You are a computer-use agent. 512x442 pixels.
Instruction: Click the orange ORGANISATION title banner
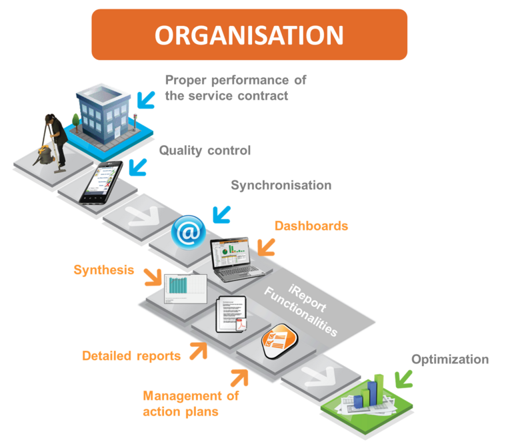(249, 35)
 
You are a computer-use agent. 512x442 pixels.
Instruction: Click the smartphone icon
(101, 182)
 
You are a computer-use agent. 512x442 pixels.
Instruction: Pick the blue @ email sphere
(188, 232)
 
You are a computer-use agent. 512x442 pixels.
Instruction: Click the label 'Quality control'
(205, 150)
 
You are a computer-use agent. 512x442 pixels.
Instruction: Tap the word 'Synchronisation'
(281, 185)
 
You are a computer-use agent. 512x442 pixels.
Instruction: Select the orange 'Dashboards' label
(311, 226)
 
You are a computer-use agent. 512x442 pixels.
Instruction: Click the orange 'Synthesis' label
(103, 270)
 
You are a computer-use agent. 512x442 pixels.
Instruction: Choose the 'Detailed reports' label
(131, 355)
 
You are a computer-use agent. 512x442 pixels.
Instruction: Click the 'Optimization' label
(449, 359)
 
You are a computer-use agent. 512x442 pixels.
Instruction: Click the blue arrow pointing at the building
(145, 98)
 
